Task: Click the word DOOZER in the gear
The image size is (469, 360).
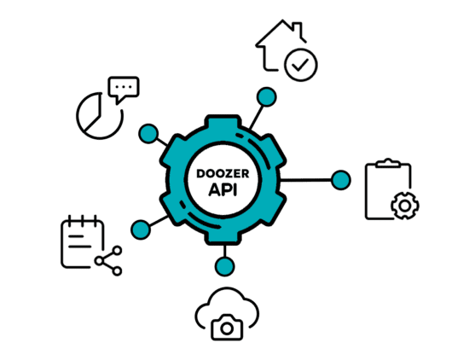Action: point(223,173)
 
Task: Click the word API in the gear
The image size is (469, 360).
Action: point(223,189)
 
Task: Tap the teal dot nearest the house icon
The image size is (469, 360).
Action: point(267,97)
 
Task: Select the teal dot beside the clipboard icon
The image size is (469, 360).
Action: point(341,180)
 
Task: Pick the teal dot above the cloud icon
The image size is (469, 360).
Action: point(224,266)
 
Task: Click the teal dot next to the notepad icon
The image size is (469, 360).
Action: point(141,229)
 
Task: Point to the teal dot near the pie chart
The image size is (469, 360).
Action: point(148,133)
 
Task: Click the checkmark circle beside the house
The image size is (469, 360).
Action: point(301,65)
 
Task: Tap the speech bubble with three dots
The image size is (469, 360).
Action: point(124,90)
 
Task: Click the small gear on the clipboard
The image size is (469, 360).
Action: point(405,206)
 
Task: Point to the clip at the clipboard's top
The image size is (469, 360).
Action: point(388,163)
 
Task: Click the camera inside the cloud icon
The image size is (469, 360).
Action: point(227,328)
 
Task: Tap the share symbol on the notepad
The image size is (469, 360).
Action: point(108,261)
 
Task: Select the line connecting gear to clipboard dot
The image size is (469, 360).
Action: point(305,180)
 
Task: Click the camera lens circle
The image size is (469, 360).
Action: point(227,328)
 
